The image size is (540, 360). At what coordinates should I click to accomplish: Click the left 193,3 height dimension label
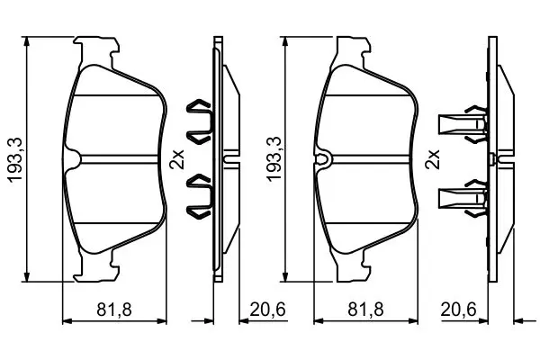click(x=15, y=159)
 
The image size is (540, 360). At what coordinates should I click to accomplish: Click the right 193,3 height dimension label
click(x=274, y=159)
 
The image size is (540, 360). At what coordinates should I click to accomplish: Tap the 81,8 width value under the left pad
click(x=114, y=310)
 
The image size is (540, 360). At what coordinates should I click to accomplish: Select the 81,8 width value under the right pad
click(x=365, y=310)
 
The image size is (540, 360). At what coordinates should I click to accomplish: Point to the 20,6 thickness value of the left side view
click(x=267, y=310)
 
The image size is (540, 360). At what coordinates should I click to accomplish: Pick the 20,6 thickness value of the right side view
click(x=458, y=310)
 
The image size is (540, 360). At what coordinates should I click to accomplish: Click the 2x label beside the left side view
click(x=177, y=158)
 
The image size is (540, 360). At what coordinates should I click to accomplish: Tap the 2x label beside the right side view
click(x=433, y=158)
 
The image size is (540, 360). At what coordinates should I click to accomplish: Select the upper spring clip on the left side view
click(x=199, y=121)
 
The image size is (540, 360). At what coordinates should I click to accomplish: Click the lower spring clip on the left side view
click(x=199, y=196)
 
